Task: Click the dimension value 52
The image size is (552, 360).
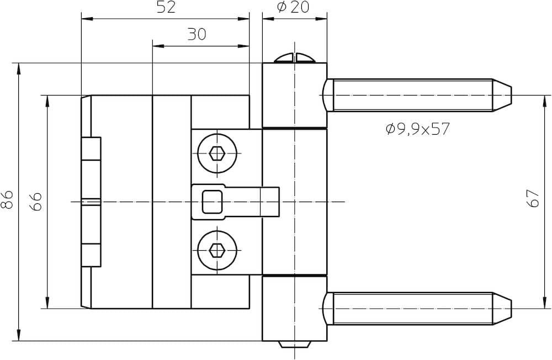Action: [166, 7]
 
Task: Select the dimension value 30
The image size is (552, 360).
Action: [197, 35]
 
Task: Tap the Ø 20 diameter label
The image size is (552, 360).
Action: [293, 7]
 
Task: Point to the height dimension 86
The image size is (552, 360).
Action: [7, 200]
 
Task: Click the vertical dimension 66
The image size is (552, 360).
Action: [36, 202]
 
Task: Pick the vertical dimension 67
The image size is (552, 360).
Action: [533, 198]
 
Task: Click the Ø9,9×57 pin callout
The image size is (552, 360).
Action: [418, 129]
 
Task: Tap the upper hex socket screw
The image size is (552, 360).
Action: [217, 153]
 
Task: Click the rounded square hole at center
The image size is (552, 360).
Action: [213, 202]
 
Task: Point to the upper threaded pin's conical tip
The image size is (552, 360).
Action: [502, 95]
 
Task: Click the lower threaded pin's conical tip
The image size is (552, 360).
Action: [502, 309]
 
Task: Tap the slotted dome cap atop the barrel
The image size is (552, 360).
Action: [295, 58]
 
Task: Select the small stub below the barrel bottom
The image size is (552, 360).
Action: [295, 345]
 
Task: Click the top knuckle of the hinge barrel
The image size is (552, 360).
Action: [295, 95]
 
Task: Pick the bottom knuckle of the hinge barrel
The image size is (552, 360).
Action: [295, 309]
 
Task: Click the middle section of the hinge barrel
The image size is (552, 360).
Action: [295, 202]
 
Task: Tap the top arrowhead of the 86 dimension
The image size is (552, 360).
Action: [19, 68]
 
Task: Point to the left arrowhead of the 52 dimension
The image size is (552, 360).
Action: [87, 18]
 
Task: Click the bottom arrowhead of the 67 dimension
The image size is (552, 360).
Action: [544, 303]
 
